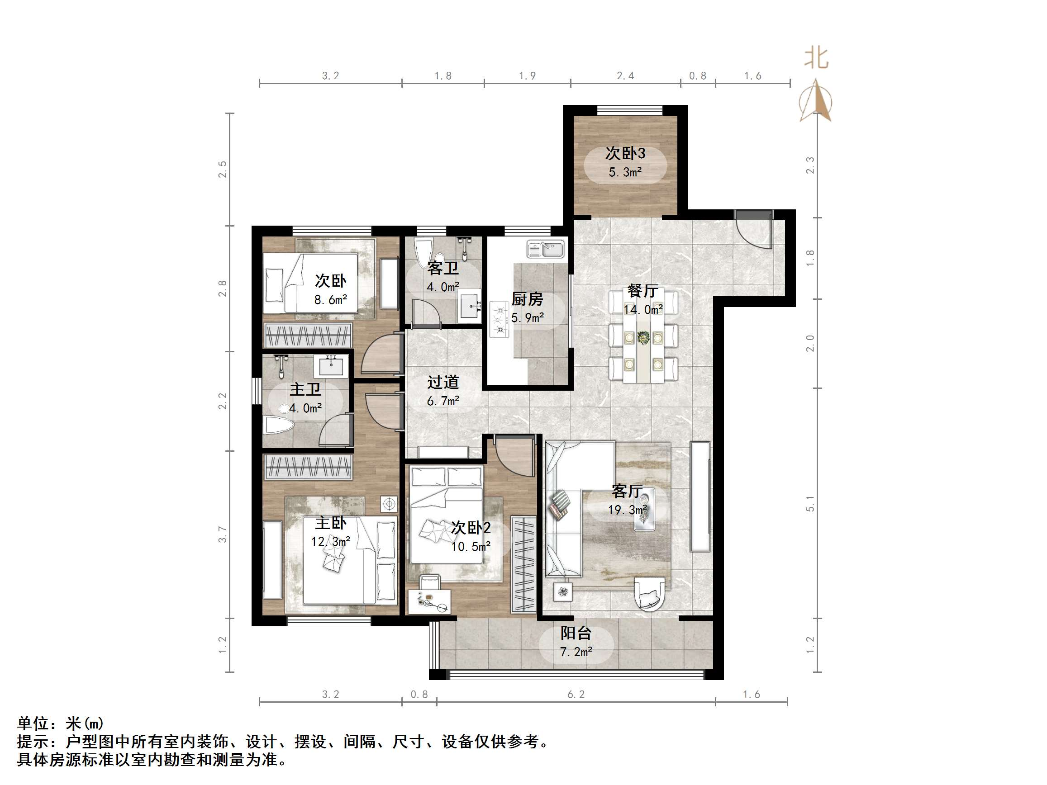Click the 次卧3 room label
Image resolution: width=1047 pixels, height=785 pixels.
(x=625, y=153)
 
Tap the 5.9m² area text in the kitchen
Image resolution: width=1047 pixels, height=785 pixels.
(x=527, y=317)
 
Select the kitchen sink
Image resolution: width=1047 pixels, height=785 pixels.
(x=546, y=249)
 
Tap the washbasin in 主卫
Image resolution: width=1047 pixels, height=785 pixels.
(x=331, y=366)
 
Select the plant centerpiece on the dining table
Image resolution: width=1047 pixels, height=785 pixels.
(x=643, y=337)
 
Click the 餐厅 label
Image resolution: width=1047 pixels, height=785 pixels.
(x=642, y=290)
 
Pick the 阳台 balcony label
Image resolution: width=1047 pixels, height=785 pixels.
(x=576, y=633)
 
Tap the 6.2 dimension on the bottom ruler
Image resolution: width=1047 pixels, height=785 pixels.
(x=576, y=694)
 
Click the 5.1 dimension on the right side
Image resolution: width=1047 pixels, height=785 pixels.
(x=810, y=503)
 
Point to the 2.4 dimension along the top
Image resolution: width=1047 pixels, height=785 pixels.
(x=625, y=76)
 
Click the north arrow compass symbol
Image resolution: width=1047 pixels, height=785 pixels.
(x=816, y=101)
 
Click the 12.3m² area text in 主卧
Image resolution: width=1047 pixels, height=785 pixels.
(x=330, y=541)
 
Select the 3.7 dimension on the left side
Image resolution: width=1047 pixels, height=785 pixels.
(x=223, y=534)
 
